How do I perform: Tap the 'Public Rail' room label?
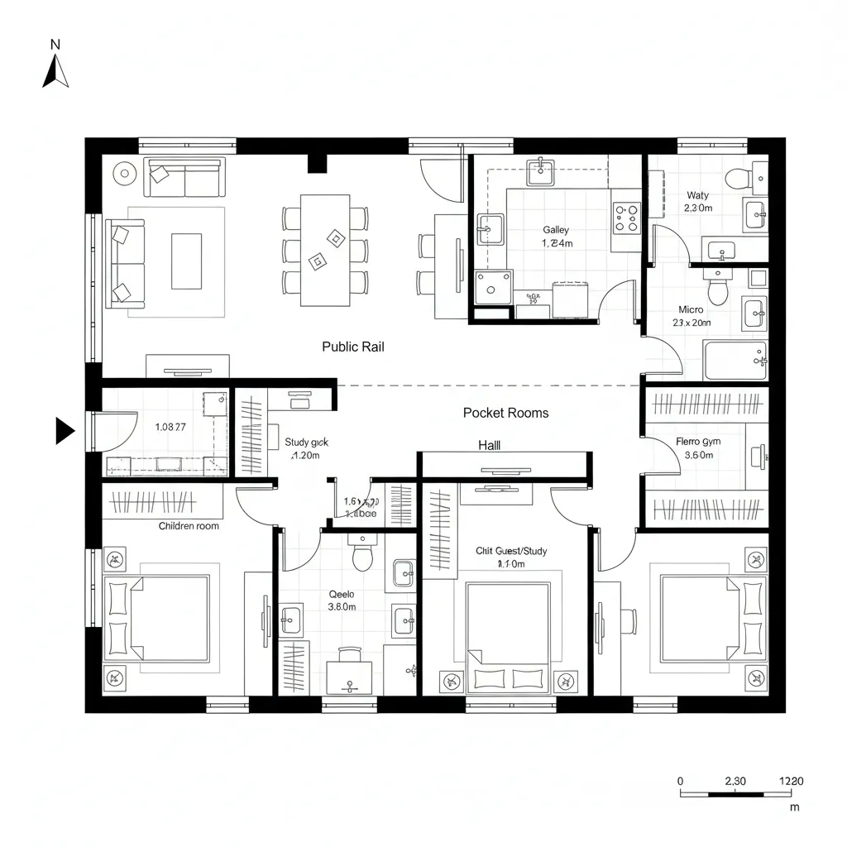(x=352, y=347)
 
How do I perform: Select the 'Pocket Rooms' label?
(x=505, y=413)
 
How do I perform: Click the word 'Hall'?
(x=490, y=445)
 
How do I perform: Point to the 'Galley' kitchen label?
(x=556, y=230)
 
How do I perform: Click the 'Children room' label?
(x=189, y=526)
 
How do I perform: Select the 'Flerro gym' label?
(x=697, y=442)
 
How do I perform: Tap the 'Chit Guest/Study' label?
(x=511, y=551)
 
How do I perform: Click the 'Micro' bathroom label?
(x=691, y=310)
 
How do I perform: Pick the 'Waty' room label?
(x=697, y=196)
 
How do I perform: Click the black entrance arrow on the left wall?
(x=65, y=431)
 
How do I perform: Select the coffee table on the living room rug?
(x=186, y=261)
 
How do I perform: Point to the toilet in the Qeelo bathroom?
(x=363, y=555)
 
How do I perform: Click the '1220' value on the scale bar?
(x=791, y=781)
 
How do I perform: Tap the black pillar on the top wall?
(x=318, y=163)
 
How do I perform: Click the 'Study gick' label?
(x=306, y=443)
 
